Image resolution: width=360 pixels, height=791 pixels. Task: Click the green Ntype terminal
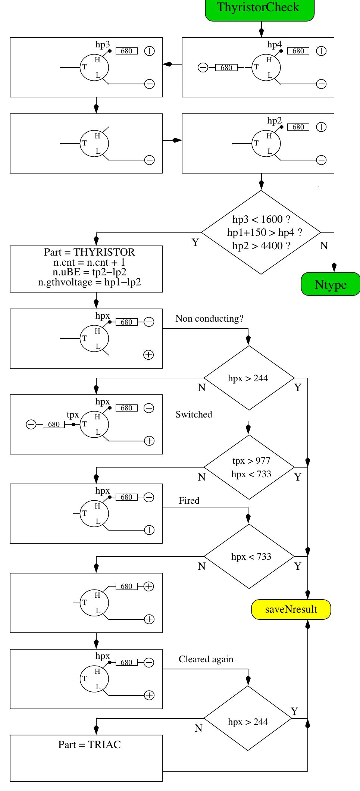(330, 284)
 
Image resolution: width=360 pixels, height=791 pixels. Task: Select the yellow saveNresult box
(291, 609)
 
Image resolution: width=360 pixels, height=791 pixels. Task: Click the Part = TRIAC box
(86, 758)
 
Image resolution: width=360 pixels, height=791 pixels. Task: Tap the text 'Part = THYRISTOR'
(89, 252)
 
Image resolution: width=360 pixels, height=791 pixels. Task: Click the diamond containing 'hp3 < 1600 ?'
(261, 232)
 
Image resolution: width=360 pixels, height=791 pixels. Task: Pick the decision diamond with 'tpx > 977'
(249, 467)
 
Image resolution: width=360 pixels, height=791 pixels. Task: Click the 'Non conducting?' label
(209, 319)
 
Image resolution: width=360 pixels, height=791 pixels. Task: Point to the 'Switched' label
(194, 415)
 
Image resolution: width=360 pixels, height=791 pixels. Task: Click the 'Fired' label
(189, 501)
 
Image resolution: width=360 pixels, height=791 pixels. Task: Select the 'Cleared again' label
(206, 659)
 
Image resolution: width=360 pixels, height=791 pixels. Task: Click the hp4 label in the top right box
(274, 44)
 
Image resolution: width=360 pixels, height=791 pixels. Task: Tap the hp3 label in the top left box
(103, 44)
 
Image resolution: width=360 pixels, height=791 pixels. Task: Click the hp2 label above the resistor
(274, 121)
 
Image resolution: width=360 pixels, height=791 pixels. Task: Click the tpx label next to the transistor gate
(73, 415)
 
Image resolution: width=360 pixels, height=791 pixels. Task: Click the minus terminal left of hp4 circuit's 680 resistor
(203, 68)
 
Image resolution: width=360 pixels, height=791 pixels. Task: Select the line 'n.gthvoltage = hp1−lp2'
(90, 282)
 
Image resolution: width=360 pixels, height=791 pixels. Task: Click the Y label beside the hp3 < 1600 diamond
(195, 243)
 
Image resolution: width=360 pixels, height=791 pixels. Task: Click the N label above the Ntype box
(324, 246)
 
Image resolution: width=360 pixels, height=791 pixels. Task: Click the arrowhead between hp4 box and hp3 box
(168, 64)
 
